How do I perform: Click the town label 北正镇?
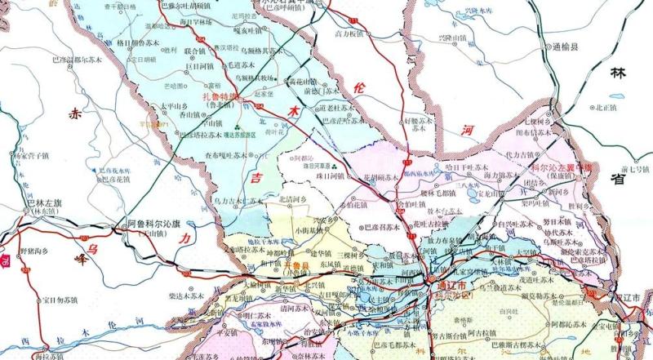(x=608, y=106)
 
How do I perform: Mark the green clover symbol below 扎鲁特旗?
(x=236, y=128)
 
